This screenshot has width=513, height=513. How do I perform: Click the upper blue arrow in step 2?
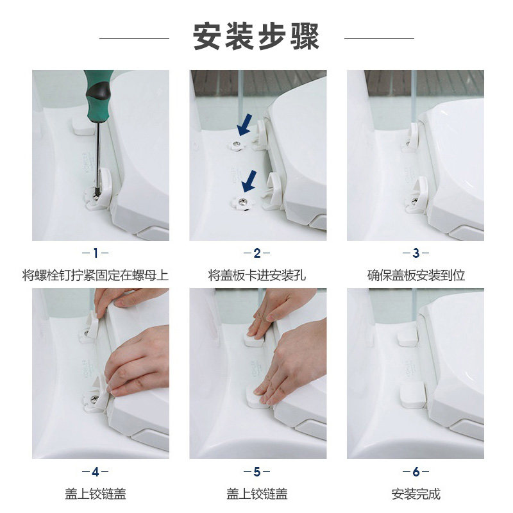(246, 124)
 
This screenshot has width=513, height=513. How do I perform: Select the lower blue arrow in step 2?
(249, 181)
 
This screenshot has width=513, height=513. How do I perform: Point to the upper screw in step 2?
(237, 143)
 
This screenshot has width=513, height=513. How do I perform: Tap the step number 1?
(95, 253)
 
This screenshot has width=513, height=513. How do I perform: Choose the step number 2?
(257, 253)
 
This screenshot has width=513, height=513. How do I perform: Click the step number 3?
(416, 253)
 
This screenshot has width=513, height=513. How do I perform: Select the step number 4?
(95, 472)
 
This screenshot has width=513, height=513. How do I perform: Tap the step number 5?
(257, 472)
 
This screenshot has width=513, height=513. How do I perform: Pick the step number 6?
(416, 472)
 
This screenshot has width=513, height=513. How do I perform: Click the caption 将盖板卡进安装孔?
(257, 275)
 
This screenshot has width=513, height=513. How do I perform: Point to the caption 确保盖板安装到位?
(416, 275)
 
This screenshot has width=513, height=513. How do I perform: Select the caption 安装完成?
(416, 494)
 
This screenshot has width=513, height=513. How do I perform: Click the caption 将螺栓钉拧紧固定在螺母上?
(95, 275)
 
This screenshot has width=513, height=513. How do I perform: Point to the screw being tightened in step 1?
(96, 196)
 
